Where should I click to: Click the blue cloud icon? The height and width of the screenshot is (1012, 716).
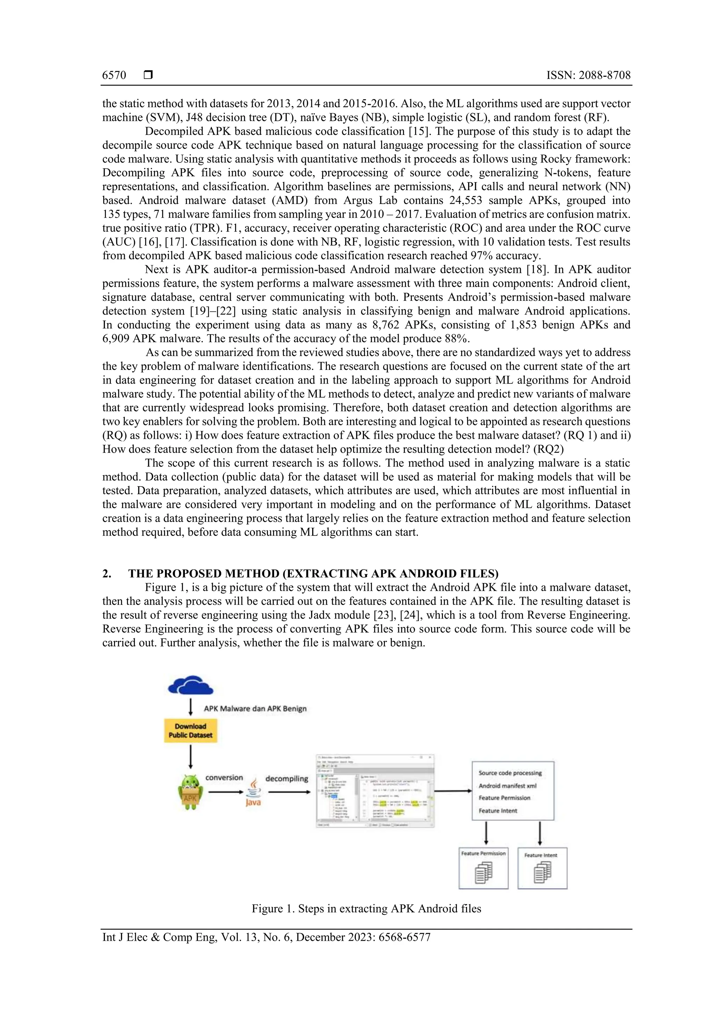pyautogui.click(x=191, y=685)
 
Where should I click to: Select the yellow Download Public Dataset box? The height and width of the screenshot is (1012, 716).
pyautogui.click(x=191, y=730)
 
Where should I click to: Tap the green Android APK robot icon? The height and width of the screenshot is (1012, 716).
pyautogui.click(x=191, y=792)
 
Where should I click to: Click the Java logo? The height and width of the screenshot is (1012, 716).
pyautogui.click(x=253, y=793)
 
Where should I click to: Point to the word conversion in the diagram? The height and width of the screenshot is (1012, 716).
pyautogui.click(x=224, y=778)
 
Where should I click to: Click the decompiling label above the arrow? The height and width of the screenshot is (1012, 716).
pyautogui.click(x=287, y=778)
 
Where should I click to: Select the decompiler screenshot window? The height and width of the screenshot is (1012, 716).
pyautogui.click(x=375, y=791)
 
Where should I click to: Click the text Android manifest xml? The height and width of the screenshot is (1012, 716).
pyautogui.click(x=507, y=785)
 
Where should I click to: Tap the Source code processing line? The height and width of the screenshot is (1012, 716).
pyautogui.click(x=510, y=773)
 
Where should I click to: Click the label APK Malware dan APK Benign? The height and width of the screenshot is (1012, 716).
pyautogui.click(x=255, y=708)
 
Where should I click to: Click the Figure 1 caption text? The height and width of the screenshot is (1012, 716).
pyautogui.click(x=366, y=908)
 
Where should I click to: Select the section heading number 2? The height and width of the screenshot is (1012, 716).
pyautogui.click(x=107, y=574)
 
